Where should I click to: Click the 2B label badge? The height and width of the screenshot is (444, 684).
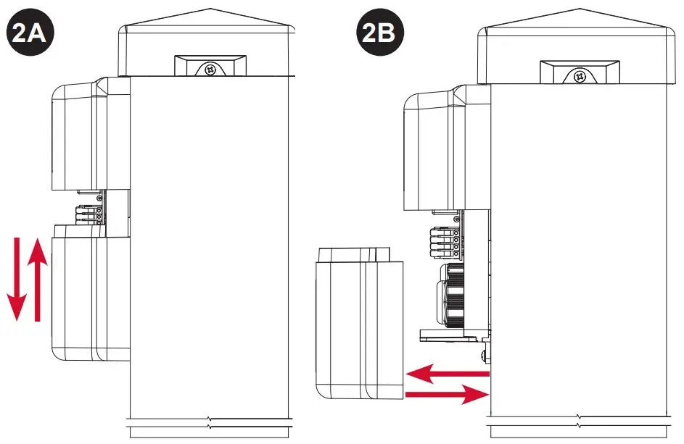379,33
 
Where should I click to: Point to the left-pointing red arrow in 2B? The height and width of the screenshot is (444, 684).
448,374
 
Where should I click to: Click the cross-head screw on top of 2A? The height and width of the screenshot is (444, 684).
210,70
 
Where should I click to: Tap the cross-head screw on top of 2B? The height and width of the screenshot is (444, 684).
578,75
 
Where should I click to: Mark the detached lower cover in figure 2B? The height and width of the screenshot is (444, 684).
358,322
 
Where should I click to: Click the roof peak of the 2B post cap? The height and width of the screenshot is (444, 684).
578,10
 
